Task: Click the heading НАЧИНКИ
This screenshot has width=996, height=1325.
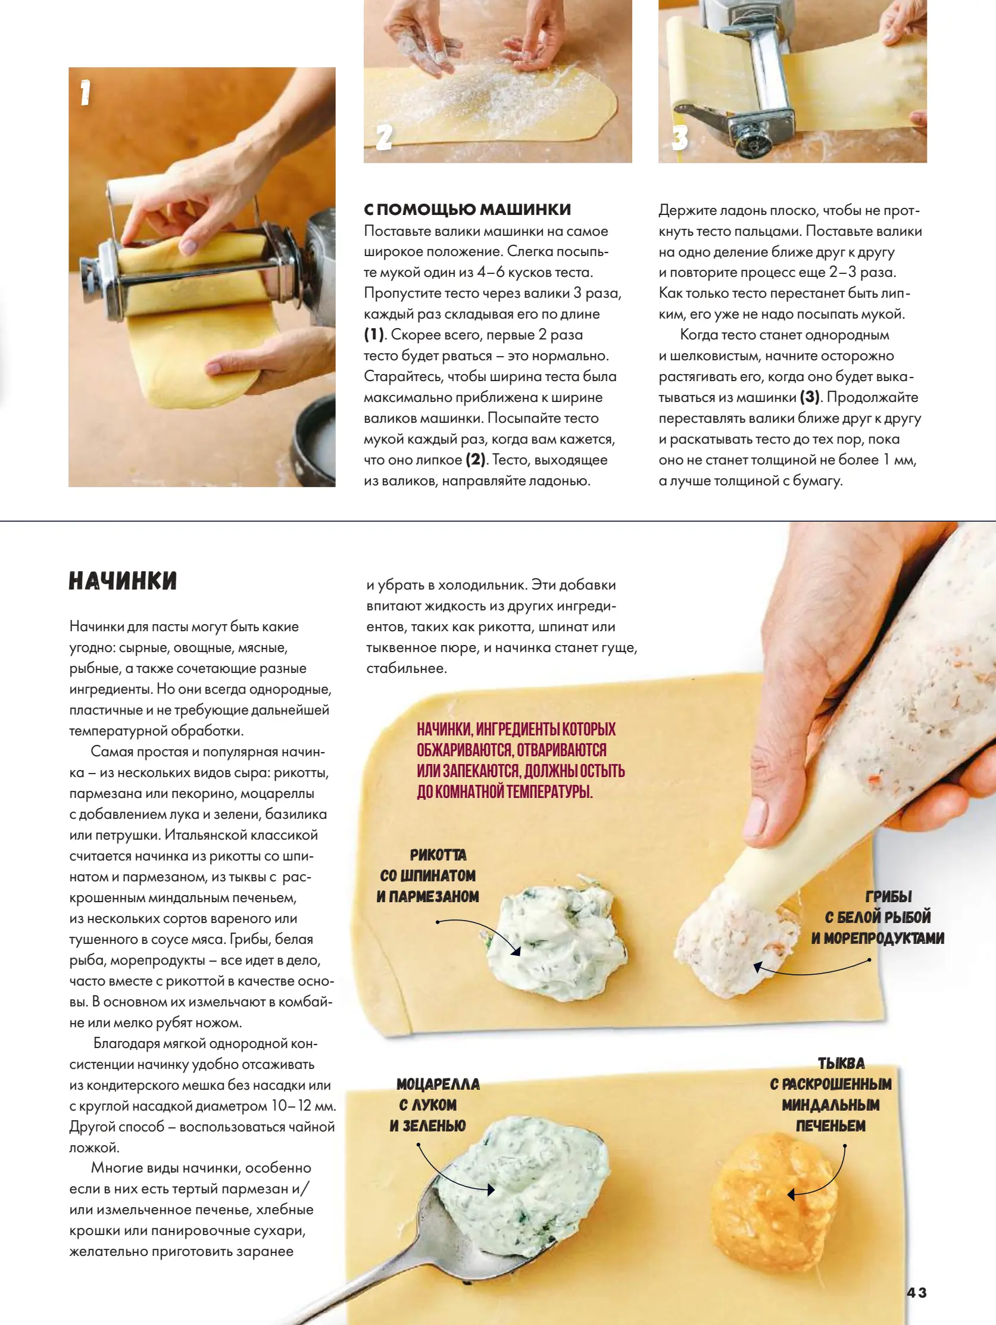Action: tap(123, 581)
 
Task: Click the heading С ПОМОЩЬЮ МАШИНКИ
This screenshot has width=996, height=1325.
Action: tap(468, 210)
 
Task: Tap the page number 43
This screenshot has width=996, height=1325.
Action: tap(916, 1292)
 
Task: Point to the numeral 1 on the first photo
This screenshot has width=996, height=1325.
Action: tap(85, 93)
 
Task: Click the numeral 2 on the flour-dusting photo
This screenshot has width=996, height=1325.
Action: tap(384, 137)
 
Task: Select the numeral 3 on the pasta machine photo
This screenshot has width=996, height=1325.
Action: tap(679, 137)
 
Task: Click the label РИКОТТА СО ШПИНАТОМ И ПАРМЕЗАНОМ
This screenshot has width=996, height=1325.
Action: tap(428, 875)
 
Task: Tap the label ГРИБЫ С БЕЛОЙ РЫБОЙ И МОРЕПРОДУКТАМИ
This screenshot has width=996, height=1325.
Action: tap(878, 917)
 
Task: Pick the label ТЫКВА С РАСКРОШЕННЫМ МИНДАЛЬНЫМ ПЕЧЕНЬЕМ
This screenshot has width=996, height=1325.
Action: tap(831, 1095)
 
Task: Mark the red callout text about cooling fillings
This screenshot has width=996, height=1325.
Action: tap(520, 760)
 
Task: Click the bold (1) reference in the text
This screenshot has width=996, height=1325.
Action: tap(374, 334)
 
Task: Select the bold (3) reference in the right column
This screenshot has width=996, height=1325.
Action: tap(810, 397)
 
